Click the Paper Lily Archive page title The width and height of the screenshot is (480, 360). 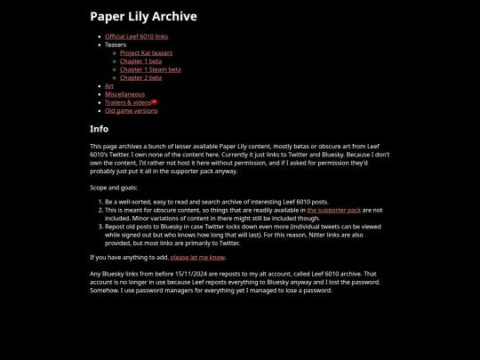click(x=143, y=16)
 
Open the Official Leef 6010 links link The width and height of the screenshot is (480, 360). click(x=136, y=36)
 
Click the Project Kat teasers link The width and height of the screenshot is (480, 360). click(x=146, y=53)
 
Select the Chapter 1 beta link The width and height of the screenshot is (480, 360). click(x=140, y=61)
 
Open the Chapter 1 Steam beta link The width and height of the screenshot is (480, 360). click(x=150, y=69)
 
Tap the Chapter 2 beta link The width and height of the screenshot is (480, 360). click(x=140, y=77)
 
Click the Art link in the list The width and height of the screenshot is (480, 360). click(x=109, y=86)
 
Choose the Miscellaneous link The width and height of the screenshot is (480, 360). click(x=124, y=94)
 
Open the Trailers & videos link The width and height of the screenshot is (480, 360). click(x=128, y=102)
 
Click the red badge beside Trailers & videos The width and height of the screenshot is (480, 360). click(x=155, y=101)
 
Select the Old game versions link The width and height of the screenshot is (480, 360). click(x=131, y=111)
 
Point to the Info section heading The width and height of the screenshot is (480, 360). click(x=99, y=129)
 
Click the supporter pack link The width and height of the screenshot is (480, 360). click(x=333, y=211)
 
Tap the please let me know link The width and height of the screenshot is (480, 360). click(x=197, y=258)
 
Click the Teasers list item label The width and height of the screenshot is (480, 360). click(x=116, y=44)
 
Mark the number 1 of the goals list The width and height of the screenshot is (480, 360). click(x=100, y=202)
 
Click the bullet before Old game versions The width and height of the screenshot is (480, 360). click(x=99, y=111)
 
